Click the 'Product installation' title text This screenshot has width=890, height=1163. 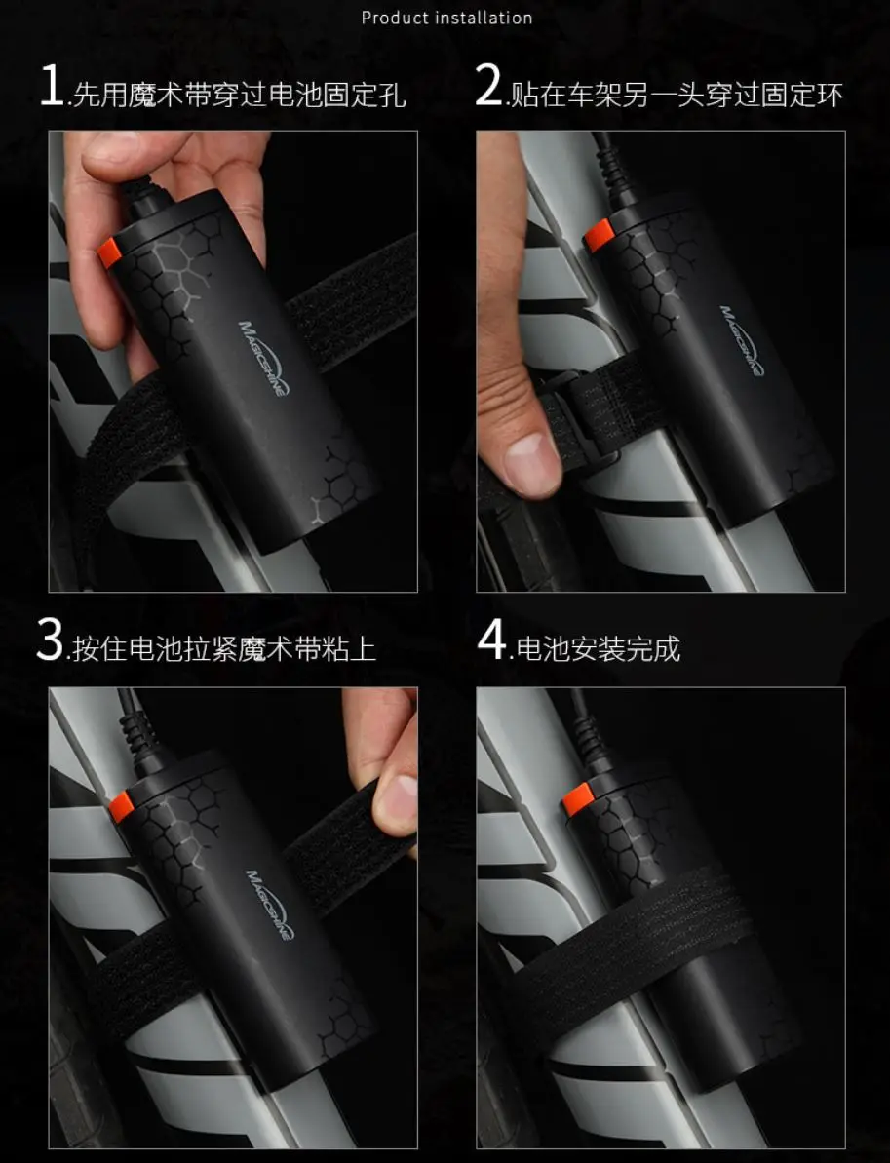coord(446,18)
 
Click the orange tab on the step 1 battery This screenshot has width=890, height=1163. coord(109,252)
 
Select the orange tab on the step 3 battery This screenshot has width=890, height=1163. coord(121,806)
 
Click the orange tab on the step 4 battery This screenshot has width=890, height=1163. coord(577,798)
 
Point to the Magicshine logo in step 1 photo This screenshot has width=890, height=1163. coord(264,358)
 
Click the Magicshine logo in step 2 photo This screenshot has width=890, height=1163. coord(741,340)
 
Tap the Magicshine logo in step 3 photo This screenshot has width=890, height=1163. coord(270,904)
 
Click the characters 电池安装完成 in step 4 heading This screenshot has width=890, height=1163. coord(598,649)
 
